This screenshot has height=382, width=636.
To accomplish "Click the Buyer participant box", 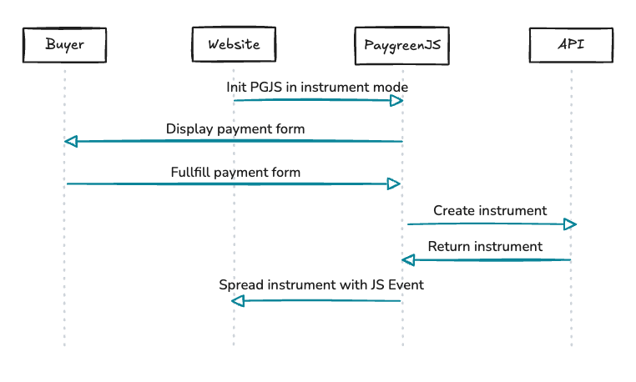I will (64, 44).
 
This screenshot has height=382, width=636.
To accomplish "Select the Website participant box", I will (233, 44).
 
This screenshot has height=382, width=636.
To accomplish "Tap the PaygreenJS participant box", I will (402, 44).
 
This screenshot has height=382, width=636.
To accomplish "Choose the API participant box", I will (571, 44).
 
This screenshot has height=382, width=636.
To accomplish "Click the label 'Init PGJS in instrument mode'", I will (317, 87).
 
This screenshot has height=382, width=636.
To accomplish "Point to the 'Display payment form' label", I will (235, 128).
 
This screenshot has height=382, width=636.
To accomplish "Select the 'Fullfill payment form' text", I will (235, 173).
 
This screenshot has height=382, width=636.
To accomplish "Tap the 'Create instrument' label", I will (490, 211).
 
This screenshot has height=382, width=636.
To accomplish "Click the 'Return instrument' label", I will (485, 247).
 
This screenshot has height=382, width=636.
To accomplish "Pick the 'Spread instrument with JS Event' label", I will (321, 285).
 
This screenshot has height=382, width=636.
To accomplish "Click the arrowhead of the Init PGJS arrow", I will (397, 101).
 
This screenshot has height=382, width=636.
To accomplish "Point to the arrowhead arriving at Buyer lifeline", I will (72, 142).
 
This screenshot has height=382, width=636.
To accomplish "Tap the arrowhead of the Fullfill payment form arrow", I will (396, 183).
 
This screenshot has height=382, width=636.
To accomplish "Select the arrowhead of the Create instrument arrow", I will (570, 224).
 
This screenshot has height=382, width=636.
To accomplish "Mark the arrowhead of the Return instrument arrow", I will (408, 261).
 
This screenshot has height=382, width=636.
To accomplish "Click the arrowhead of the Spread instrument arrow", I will (239, 300).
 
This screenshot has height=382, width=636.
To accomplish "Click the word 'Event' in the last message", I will (406, 285).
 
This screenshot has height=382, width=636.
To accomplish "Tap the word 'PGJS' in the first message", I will (267, 87).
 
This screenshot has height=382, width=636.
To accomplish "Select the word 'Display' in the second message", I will (188, 128).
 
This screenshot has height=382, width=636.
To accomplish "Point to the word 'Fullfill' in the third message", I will (190, 173).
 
